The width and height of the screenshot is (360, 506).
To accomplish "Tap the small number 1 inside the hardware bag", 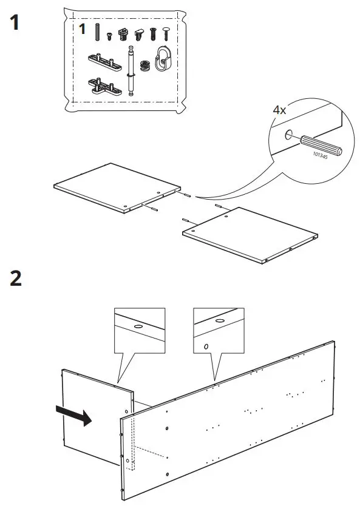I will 83,30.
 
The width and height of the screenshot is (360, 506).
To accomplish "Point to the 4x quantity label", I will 280,110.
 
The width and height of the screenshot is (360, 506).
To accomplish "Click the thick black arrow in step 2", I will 73,417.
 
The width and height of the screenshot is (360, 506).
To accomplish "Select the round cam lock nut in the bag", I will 144,65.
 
